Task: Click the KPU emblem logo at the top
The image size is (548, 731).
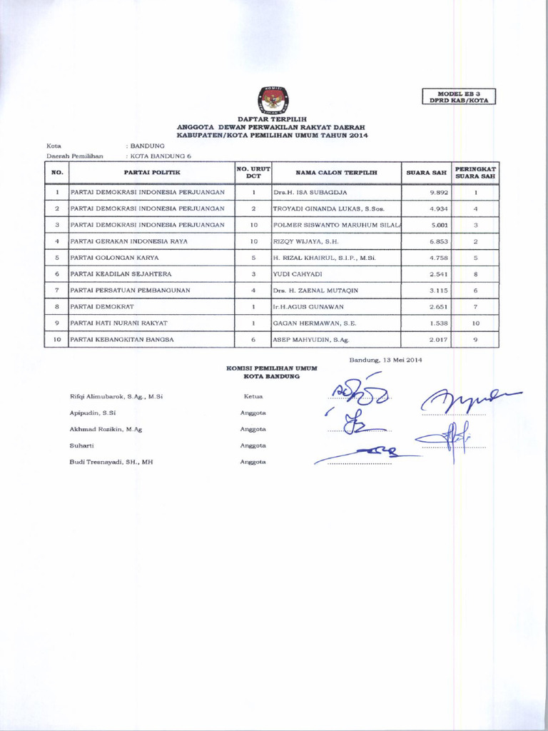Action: pos(272,99)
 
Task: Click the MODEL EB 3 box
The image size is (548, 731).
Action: pos(459,96)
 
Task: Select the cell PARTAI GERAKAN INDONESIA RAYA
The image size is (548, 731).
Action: pos(129,241)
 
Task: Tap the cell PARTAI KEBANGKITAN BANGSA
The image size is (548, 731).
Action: pos(122,339)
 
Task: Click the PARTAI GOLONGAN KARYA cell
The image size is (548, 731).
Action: pos(114,258)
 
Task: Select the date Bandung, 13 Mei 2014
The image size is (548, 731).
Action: pos(386,360)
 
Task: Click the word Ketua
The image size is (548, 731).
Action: pos(253,396)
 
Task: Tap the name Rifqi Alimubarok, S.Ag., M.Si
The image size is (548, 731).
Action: pos(116,396)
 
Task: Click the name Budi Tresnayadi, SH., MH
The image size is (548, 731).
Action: pos(111,462)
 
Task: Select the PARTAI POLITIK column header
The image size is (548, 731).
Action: pos(151,173)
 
